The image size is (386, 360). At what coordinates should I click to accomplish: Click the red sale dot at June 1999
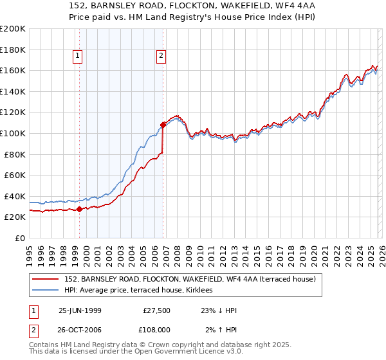coord(79,209)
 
